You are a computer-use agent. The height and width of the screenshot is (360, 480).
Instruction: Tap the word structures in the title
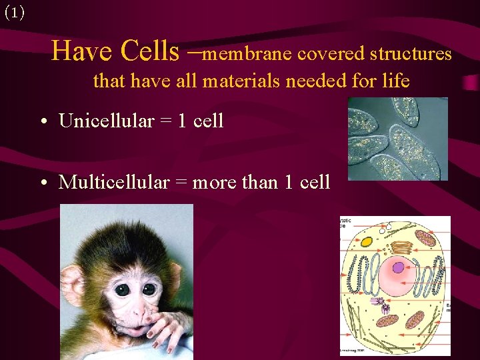tap(411, 53)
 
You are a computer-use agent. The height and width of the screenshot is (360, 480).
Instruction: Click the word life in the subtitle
tap(397, 81)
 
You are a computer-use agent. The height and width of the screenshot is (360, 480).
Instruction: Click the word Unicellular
tap(106, 121)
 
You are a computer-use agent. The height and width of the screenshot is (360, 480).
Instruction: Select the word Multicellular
tap(113, 182)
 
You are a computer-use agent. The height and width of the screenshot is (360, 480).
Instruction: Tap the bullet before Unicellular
tap(42, 122)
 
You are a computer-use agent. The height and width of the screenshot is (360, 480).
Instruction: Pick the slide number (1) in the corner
tap(14, 13)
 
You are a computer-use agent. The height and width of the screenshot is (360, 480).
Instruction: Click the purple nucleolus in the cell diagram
tap(398, 268)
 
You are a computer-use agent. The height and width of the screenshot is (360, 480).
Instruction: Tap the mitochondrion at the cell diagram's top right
tap(425, 238)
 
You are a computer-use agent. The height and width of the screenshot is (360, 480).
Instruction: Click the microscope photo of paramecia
tap(397, 139)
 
